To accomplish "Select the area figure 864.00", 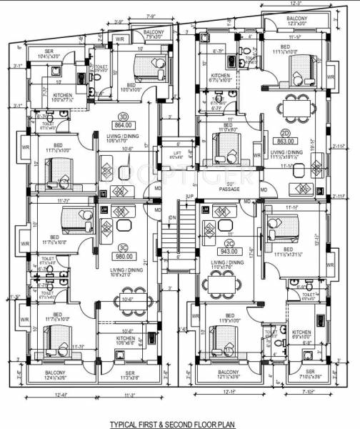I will click(123, 125).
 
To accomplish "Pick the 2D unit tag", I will click(284, 133).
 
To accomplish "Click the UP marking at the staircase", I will click(189, 197).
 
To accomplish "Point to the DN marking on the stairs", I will click(172, 219).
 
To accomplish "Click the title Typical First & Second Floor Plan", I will click(179, 423).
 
